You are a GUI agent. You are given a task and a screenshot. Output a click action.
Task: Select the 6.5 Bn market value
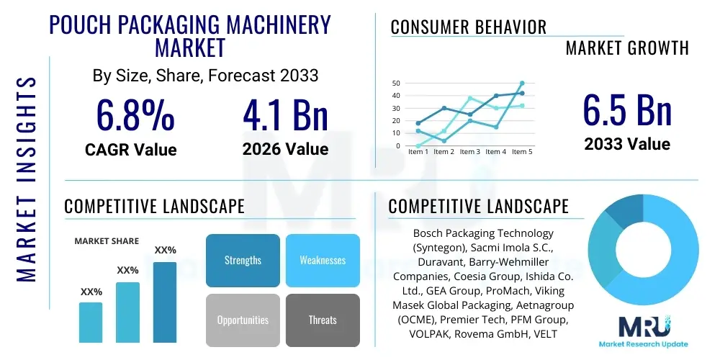(x=626, y=110)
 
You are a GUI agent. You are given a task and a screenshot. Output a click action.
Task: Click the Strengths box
(x=243, y=260)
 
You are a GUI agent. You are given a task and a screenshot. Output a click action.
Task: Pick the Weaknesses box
(x=323, y=260)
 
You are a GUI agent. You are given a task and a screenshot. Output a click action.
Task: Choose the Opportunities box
(x=243, y=320)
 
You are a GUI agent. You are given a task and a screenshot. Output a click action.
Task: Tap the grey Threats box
(x=323, y=320)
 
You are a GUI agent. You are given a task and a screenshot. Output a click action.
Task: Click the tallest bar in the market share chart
(x=165, y=302)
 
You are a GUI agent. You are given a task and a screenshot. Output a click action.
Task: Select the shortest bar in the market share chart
(x=91, y=322)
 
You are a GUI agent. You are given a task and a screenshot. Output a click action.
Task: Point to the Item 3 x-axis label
(x=469, y=152)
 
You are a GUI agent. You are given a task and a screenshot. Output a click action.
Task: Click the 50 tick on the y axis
(x=396, y=84)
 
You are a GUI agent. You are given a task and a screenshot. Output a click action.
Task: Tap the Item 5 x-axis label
(x=521, y=152)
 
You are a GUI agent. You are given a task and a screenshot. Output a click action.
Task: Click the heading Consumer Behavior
(x=469, y=27)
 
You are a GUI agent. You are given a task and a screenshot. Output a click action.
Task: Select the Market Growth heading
(x=627, y=48)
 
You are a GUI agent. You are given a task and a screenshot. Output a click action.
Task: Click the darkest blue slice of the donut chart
(x=621, y=210)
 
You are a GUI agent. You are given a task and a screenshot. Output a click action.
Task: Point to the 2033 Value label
(x=626, y=144)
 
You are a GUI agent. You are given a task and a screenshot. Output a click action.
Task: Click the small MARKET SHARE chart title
(x=107, y=241)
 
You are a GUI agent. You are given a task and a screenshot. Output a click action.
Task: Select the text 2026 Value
(x=285, y=149)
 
